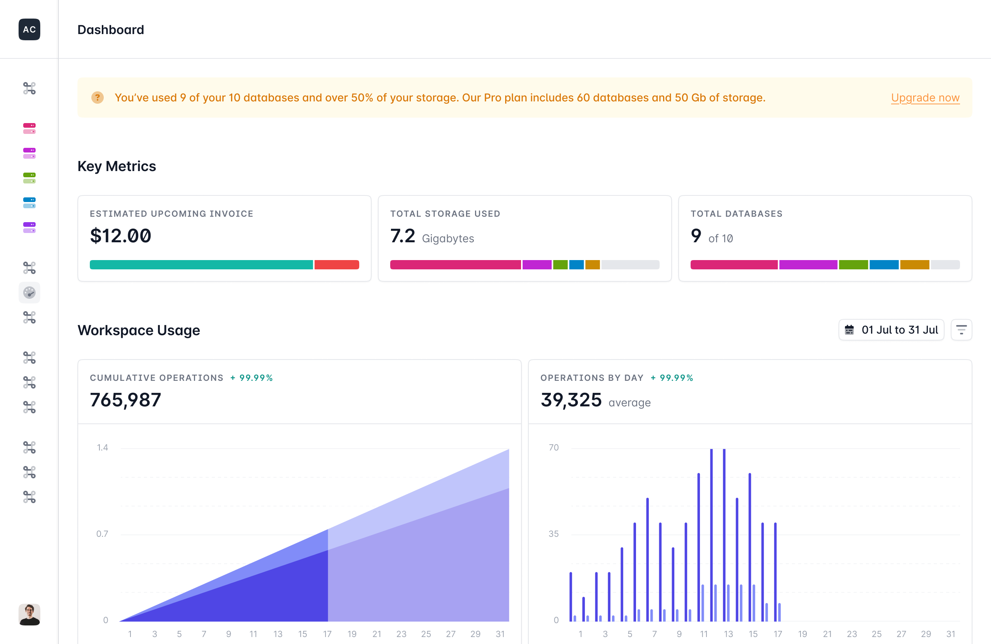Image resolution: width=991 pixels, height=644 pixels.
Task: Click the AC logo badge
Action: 29,29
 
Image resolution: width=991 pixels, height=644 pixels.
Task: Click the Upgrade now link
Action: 925,98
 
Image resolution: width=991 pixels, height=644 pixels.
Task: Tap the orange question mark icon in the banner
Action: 98,98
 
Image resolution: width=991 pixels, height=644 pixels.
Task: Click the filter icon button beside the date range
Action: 961,330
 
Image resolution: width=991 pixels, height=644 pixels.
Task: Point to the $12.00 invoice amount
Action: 121,236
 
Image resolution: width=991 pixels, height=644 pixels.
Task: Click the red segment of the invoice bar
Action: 336,265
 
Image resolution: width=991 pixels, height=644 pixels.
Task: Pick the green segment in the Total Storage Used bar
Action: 560,265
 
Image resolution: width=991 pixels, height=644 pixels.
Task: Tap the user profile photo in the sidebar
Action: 29,615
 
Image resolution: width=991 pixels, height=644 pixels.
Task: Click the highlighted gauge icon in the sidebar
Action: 29,293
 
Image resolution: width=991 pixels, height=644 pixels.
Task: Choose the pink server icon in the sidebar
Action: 29,128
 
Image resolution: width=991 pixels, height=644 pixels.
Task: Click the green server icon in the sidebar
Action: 29,178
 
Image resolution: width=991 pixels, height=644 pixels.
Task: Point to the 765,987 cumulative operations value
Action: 125,400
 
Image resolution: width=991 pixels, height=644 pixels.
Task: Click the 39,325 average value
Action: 571,400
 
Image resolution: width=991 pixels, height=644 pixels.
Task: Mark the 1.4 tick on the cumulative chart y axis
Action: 103,447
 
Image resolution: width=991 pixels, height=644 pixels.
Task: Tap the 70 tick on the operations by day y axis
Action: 554,447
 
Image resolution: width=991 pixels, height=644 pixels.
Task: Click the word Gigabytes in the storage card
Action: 447,238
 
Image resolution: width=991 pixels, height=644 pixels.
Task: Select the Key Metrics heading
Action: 117,166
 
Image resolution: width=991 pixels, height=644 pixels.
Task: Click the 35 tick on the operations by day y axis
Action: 554,534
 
